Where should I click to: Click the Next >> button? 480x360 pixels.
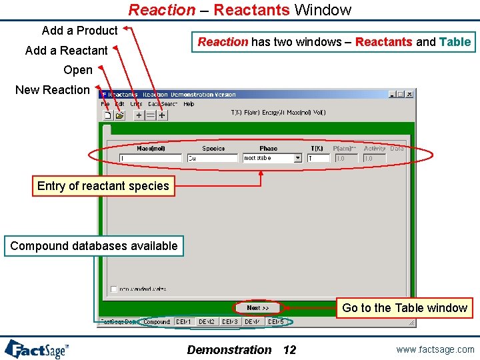[257, 308]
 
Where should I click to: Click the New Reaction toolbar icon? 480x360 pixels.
[107, 115]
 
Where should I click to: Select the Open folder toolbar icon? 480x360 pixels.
[119, 115]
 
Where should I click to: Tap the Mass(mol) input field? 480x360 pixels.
[151, 159]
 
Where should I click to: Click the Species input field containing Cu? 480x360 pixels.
[212, 159]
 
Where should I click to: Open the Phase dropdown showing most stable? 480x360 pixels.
[272, 159]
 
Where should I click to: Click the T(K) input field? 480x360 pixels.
[319, 159]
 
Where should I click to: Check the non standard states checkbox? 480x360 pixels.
[114, 289]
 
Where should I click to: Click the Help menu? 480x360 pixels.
[189, 104]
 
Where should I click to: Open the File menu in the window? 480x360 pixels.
[105, 104]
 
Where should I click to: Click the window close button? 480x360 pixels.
[409, 95]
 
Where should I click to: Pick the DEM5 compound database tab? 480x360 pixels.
[275, 322]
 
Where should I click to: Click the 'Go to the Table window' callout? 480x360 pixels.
[404, 308]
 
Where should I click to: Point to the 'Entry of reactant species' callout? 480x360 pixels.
[103, 186]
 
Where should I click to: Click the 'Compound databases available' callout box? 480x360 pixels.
[94, 246]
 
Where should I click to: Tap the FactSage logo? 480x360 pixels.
[37, 349]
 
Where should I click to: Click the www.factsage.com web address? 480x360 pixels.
[435, 349]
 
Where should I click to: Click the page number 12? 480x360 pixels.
[289, 350]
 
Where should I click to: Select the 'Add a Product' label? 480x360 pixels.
[79, 31]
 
